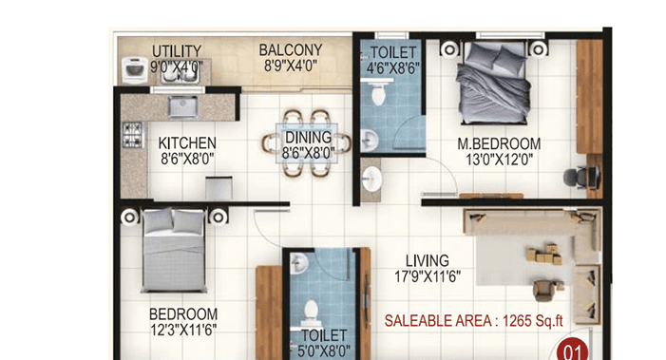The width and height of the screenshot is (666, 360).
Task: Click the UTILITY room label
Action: (177, 51)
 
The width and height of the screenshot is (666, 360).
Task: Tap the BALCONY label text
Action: (292, 50)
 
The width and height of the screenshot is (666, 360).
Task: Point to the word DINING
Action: (308, 137)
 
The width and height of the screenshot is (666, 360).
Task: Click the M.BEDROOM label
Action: (499, 144)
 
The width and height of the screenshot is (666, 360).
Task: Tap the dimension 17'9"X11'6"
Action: (428, 276)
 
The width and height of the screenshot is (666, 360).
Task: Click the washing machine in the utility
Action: (131, 69)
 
